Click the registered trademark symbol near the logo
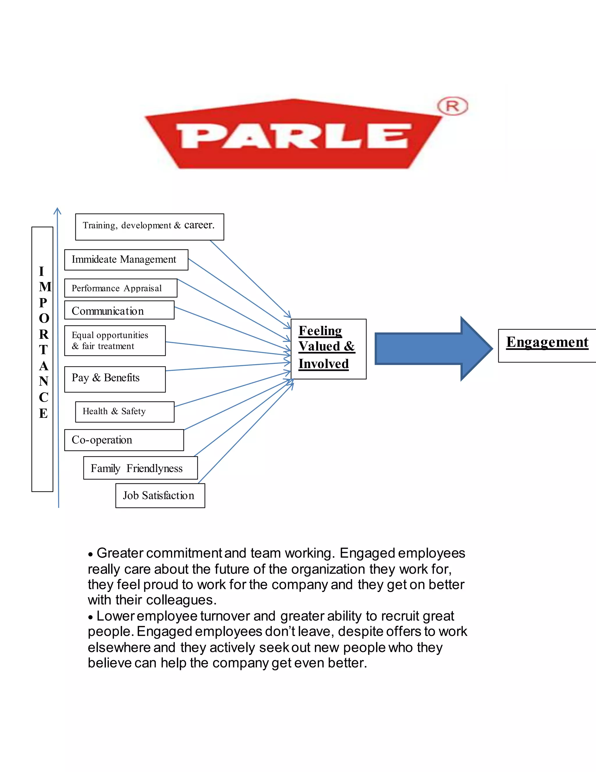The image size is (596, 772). [452, 106]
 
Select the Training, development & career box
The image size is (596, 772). [149, 227]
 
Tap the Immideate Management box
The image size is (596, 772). [126, 260]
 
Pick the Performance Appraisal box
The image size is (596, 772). [121, 288]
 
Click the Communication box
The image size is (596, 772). [119, 310]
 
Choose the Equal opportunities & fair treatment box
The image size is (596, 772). [115, 340]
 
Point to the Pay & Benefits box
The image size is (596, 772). [115, 379]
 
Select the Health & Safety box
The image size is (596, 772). [125, 411]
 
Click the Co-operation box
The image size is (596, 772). [124, 440]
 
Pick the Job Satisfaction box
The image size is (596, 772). [160, 495]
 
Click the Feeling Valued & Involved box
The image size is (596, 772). [328, 349]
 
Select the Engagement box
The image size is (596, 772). [547, 345]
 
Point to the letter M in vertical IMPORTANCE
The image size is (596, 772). [45, 287]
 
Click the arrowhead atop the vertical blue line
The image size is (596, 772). [57, 211]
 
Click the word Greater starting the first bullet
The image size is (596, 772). [120, 553]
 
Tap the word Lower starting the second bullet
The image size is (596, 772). [116, 616]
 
